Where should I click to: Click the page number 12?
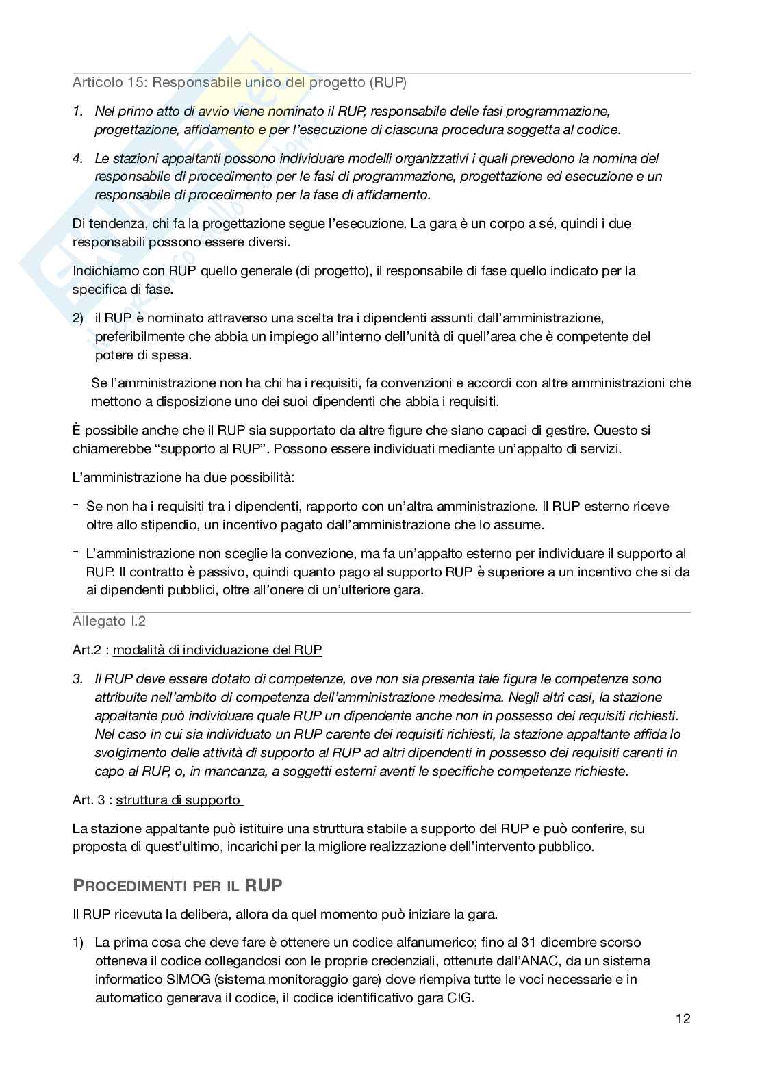[x=683, y=1019]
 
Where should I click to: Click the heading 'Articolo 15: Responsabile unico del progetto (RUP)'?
[x=239, y=83]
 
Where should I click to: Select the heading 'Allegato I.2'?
[x=109, y=622]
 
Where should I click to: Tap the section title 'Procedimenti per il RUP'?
[x=177, y=885]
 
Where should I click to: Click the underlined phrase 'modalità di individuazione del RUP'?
[x=217, y=650]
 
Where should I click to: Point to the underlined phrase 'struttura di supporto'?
[x=179, y=800]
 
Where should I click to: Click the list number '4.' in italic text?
[x=78, y=159]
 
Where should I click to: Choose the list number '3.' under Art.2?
[x=78, y=679]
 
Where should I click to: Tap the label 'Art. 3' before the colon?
[x=89, y=800]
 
